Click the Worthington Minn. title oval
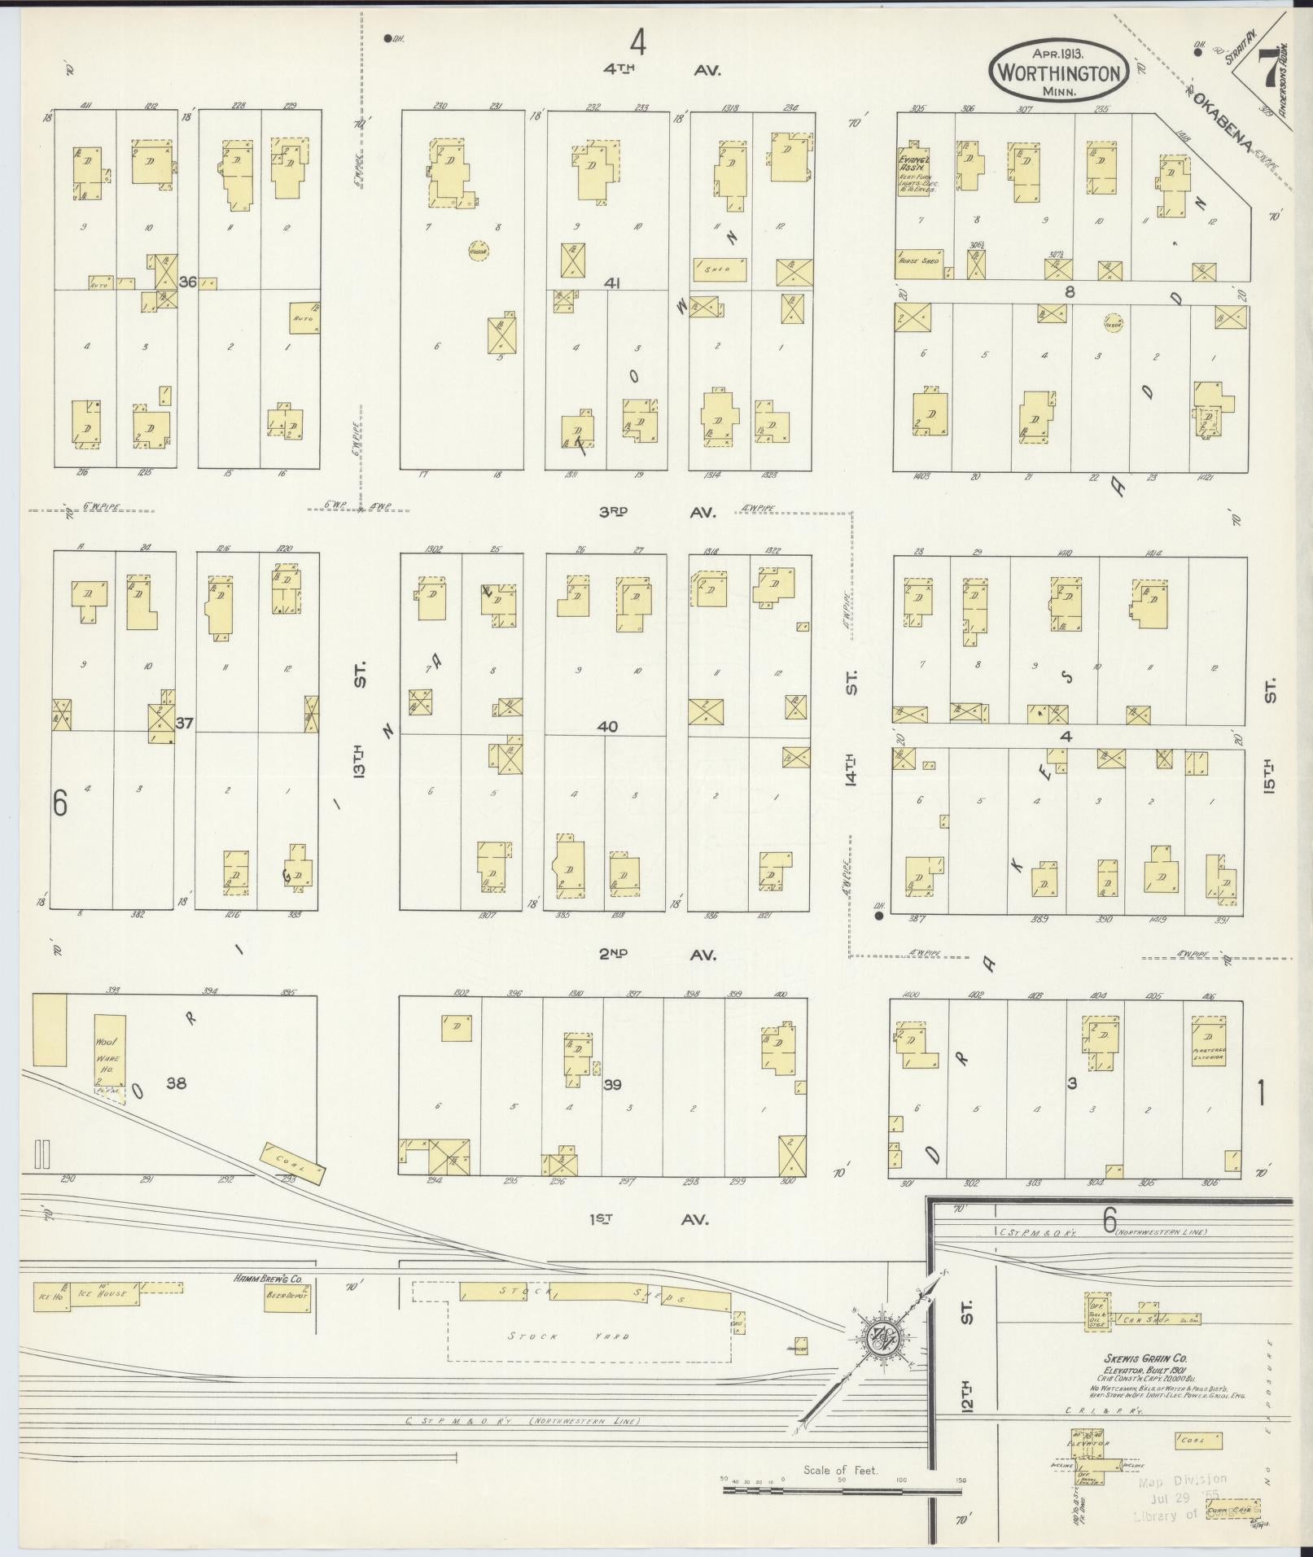(x=1058, y=72)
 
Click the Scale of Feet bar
(x=843, y=1490)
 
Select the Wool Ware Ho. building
(x=108, y=1059)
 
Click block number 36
(x=188, y=282)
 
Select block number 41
(x=613, y=283)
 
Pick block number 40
(x=606, y=727)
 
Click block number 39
(x=613, y=1084)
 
